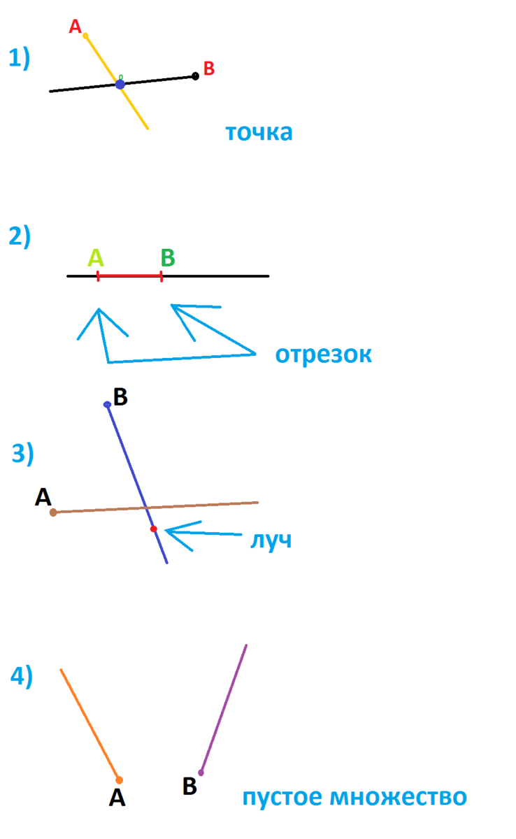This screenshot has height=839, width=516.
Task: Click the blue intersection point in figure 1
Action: click(x=120, y=84)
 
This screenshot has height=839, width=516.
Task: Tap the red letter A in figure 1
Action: click(x=75, y=27)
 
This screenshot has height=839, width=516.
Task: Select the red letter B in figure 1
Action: click(x=208, y=69)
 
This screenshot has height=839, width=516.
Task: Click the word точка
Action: click(x=259, y=132)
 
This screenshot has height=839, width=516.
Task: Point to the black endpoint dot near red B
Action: click(x=195, y=76)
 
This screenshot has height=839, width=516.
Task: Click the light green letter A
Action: click(x=96, y=258)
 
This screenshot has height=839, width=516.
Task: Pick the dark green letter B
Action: click(x=167, y=258)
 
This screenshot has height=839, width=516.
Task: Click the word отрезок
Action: click(x=323, y=355)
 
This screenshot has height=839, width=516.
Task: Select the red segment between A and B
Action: click(x=130, y=276)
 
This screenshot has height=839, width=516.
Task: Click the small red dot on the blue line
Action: click(x=153, y=529)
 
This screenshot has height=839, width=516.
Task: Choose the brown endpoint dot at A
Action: click(x=53, y=512)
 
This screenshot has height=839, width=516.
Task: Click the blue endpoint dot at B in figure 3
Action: click(x=107, y=404)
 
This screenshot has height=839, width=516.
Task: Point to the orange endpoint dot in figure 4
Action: click(x=119, y=780)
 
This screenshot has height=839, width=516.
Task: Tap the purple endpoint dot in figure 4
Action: click(x=201, y=773)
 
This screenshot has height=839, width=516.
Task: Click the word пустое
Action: click(x=287, y=797)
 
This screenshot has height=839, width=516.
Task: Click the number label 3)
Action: click(x=22, y=454)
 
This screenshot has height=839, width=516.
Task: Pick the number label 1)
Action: click(x=19, y=58)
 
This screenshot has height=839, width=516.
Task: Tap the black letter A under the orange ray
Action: click(x=117, y=798)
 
